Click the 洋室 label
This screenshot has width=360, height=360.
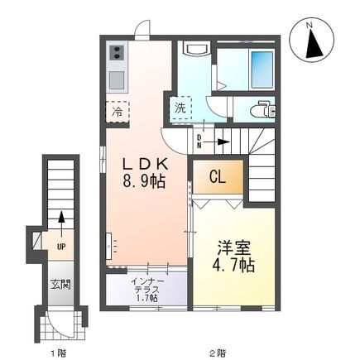tap(233, 247)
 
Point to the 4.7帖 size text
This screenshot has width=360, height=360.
tap(233, 266)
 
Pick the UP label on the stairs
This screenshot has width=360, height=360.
tap(60, 246)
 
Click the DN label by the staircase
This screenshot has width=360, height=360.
tap(200, 141)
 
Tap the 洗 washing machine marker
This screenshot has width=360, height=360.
tap(180, 107)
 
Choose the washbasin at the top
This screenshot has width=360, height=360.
tap(194, 49)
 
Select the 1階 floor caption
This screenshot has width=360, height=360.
tap(59, 352)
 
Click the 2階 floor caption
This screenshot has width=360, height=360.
tap(217, 352)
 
